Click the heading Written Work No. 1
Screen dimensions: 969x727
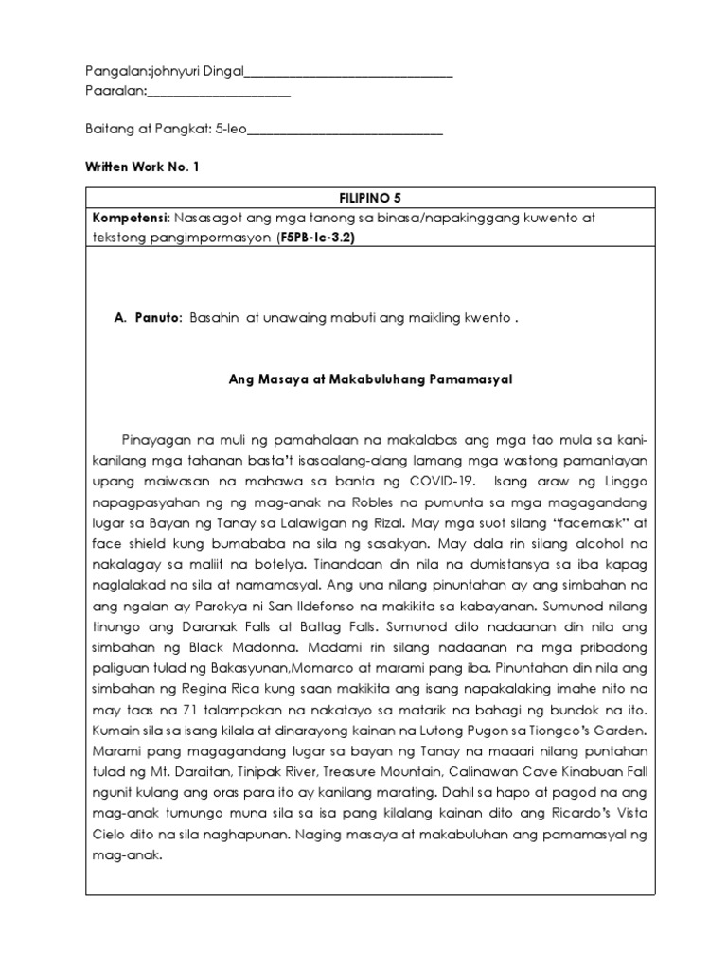tap(143, 167)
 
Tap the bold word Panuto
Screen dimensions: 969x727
tap(158, 319)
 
